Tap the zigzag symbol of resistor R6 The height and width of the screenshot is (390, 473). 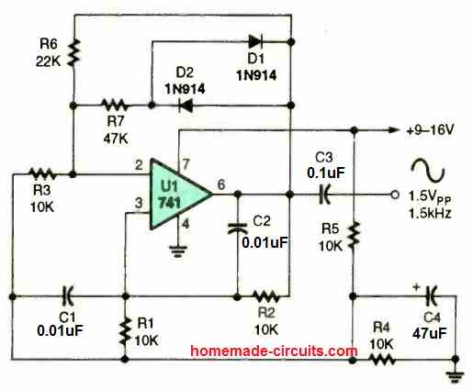pos(73,52)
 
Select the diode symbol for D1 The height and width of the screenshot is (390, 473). pos(255,41)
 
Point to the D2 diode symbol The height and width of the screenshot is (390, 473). pos(186,106)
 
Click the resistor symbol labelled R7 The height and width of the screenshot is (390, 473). pos(114,106)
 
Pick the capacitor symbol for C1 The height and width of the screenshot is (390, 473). pos(67,296)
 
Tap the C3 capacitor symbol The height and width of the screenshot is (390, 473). pos(324,195)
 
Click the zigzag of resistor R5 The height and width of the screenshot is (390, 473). pos(354,235)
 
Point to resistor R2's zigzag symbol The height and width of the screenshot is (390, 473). pos(266,296)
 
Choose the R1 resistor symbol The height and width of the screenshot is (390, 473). pos(125,331)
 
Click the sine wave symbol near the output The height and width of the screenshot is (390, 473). pos(428,170)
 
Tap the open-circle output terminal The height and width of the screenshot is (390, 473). pos(395,195)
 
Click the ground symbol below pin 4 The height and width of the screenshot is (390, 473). pos(178,251)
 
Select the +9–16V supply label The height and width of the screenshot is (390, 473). pos(430,130)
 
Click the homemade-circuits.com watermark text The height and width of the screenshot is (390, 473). pos(274,351)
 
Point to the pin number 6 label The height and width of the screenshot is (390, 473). pos(221,184)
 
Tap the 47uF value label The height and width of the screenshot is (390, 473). pos(430,333)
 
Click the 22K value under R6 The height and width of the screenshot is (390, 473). pos(49,61)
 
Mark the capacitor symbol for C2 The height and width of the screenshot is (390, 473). pos(237,228)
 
